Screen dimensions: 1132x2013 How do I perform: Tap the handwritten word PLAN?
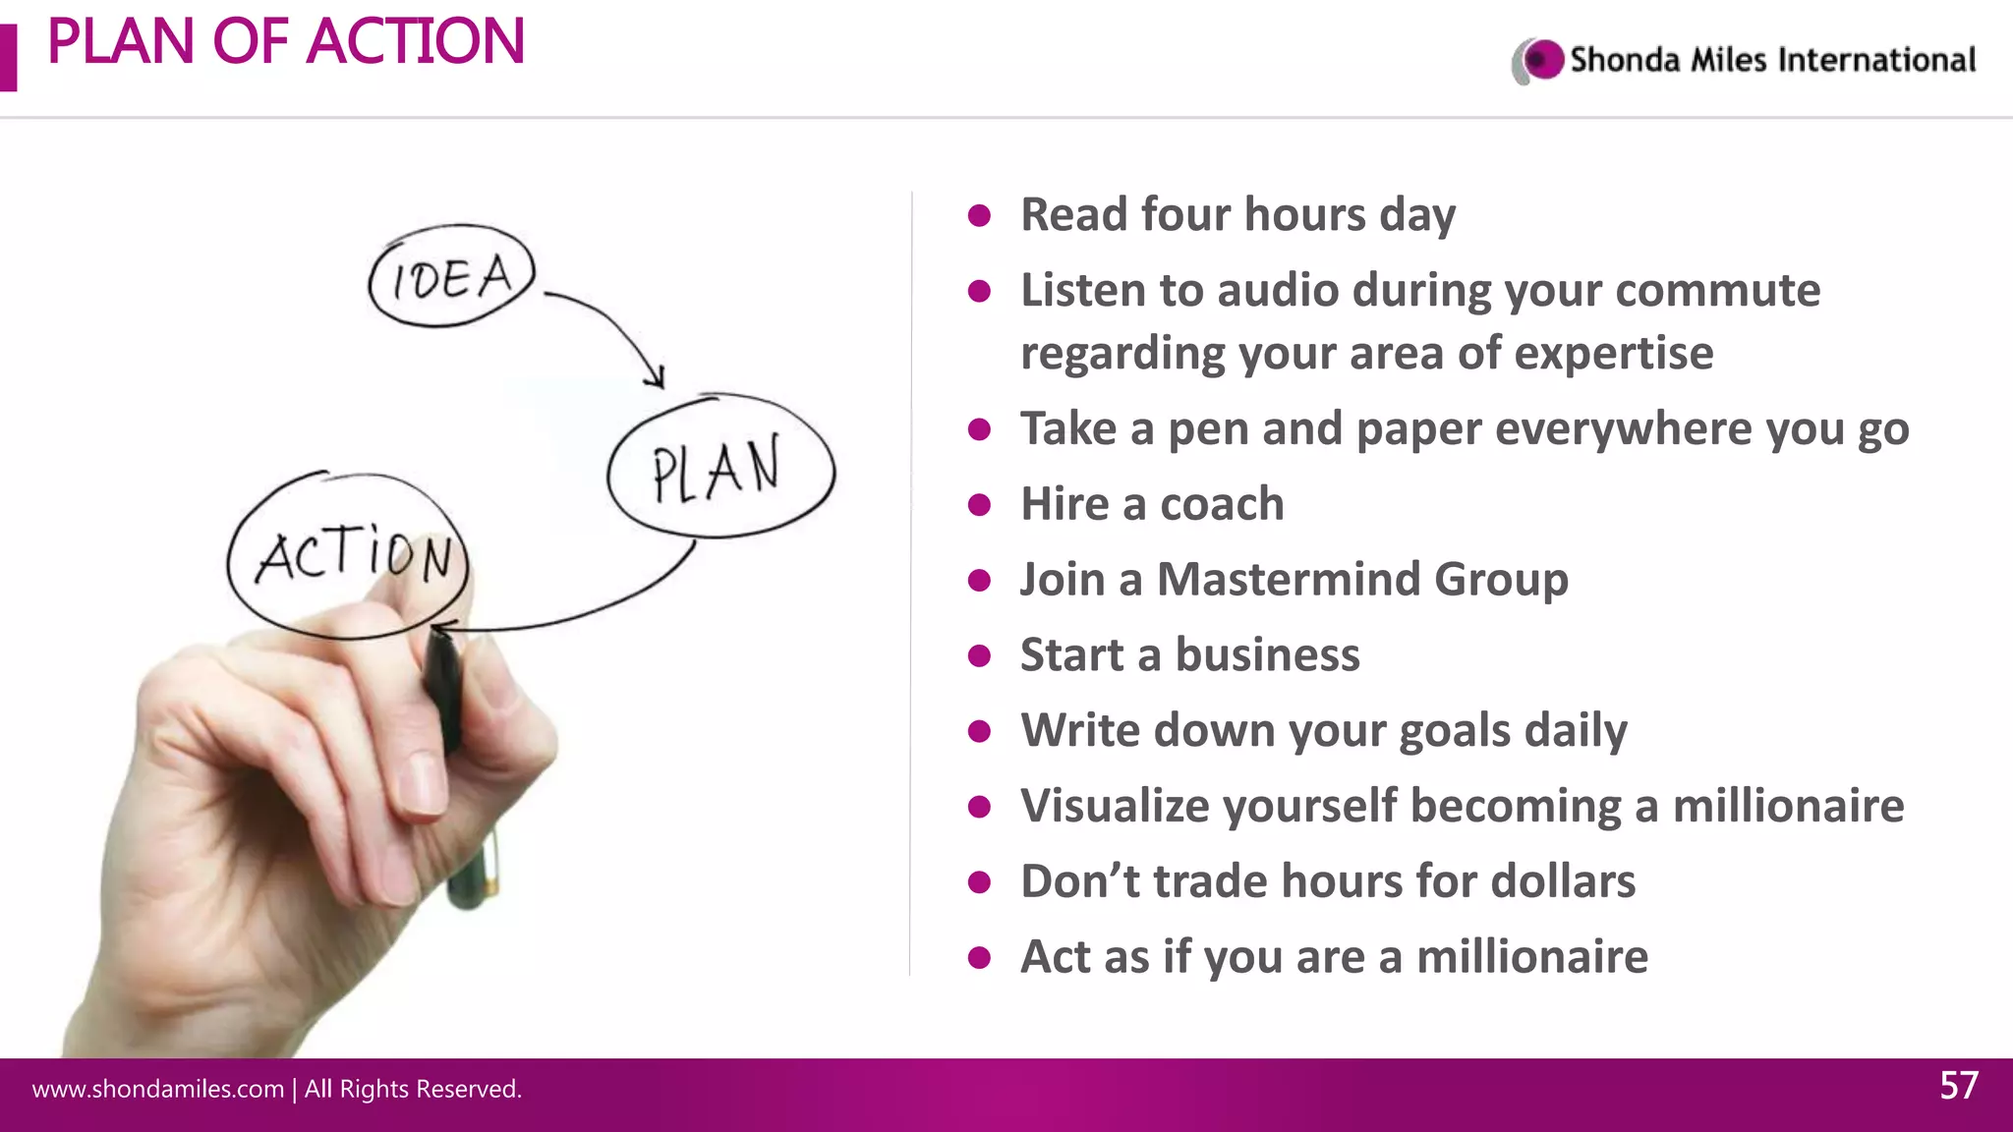717,470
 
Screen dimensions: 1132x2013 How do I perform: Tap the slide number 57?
1958,1086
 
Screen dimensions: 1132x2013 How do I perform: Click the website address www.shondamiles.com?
158,1089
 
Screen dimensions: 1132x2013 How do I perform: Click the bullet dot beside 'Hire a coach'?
979,505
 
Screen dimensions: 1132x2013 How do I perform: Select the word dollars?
1563,881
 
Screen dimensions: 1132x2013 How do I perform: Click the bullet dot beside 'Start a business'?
979,655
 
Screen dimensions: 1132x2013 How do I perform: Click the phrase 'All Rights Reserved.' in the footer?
413,1089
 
